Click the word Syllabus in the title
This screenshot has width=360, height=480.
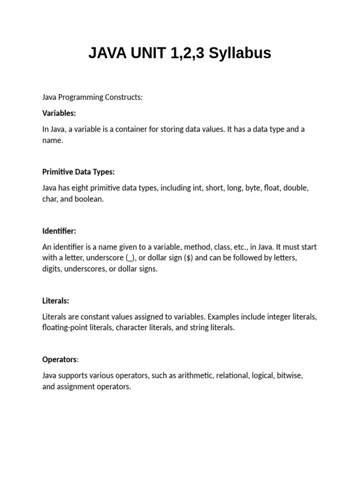coord(240,53)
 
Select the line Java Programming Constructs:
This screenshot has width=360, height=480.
coord(92,97)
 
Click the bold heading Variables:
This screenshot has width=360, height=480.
coord(59,113)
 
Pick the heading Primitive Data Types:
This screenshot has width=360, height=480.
coord(78,172)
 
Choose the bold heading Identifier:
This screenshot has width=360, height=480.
coord(59,231)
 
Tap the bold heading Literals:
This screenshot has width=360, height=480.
coord(56,300)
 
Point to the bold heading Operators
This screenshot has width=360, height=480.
coord(60,360)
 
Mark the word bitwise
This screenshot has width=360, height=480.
coord(290,375)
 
